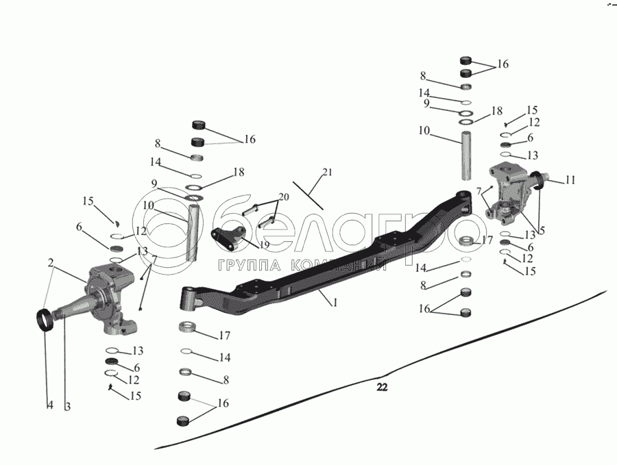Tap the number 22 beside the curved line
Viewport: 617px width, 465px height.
pos(382,388)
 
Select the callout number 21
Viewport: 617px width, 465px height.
pos(327,172)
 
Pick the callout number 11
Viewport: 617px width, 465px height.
pos(570,180)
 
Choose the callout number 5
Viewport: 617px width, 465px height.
pos(542,231)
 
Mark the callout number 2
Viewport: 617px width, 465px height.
pos(51,262)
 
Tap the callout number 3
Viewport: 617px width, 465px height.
pos(67,406)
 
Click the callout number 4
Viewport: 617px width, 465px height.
pos(49,406)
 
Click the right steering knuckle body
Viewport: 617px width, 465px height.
pos(510,195)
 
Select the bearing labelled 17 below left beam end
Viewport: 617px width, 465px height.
pos(189,327)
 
